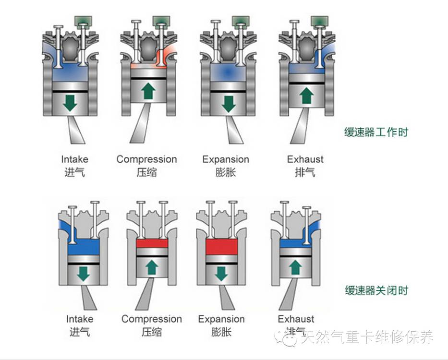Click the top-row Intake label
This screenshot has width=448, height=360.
tap(74, 159)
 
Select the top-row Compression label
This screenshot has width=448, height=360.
tap(146, 159)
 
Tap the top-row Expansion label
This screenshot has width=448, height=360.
tap(226, 159)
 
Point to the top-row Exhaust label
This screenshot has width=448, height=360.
tap(305, 159)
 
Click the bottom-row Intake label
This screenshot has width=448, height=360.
tap(80, 319)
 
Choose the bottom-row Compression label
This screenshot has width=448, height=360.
tap(152, 319)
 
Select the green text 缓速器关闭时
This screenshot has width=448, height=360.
tap(376, 290)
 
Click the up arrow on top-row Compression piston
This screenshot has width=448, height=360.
tap(148, 90)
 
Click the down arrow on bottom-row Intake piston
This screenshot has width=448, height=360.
tap(84, 274)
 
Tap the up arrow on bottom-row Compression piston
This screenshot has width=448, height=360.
tap(152, 265)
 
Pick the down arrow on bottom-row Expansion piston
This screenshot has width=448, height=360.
tap(221, 274)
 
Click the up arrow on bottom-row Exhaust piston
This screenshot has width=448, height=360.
tap(295, 265)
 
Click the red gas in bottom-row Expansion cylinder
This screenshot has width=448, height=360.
tap(221, 246)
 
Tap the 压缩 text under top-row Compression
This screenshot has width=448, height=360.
tap(146, 172)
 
